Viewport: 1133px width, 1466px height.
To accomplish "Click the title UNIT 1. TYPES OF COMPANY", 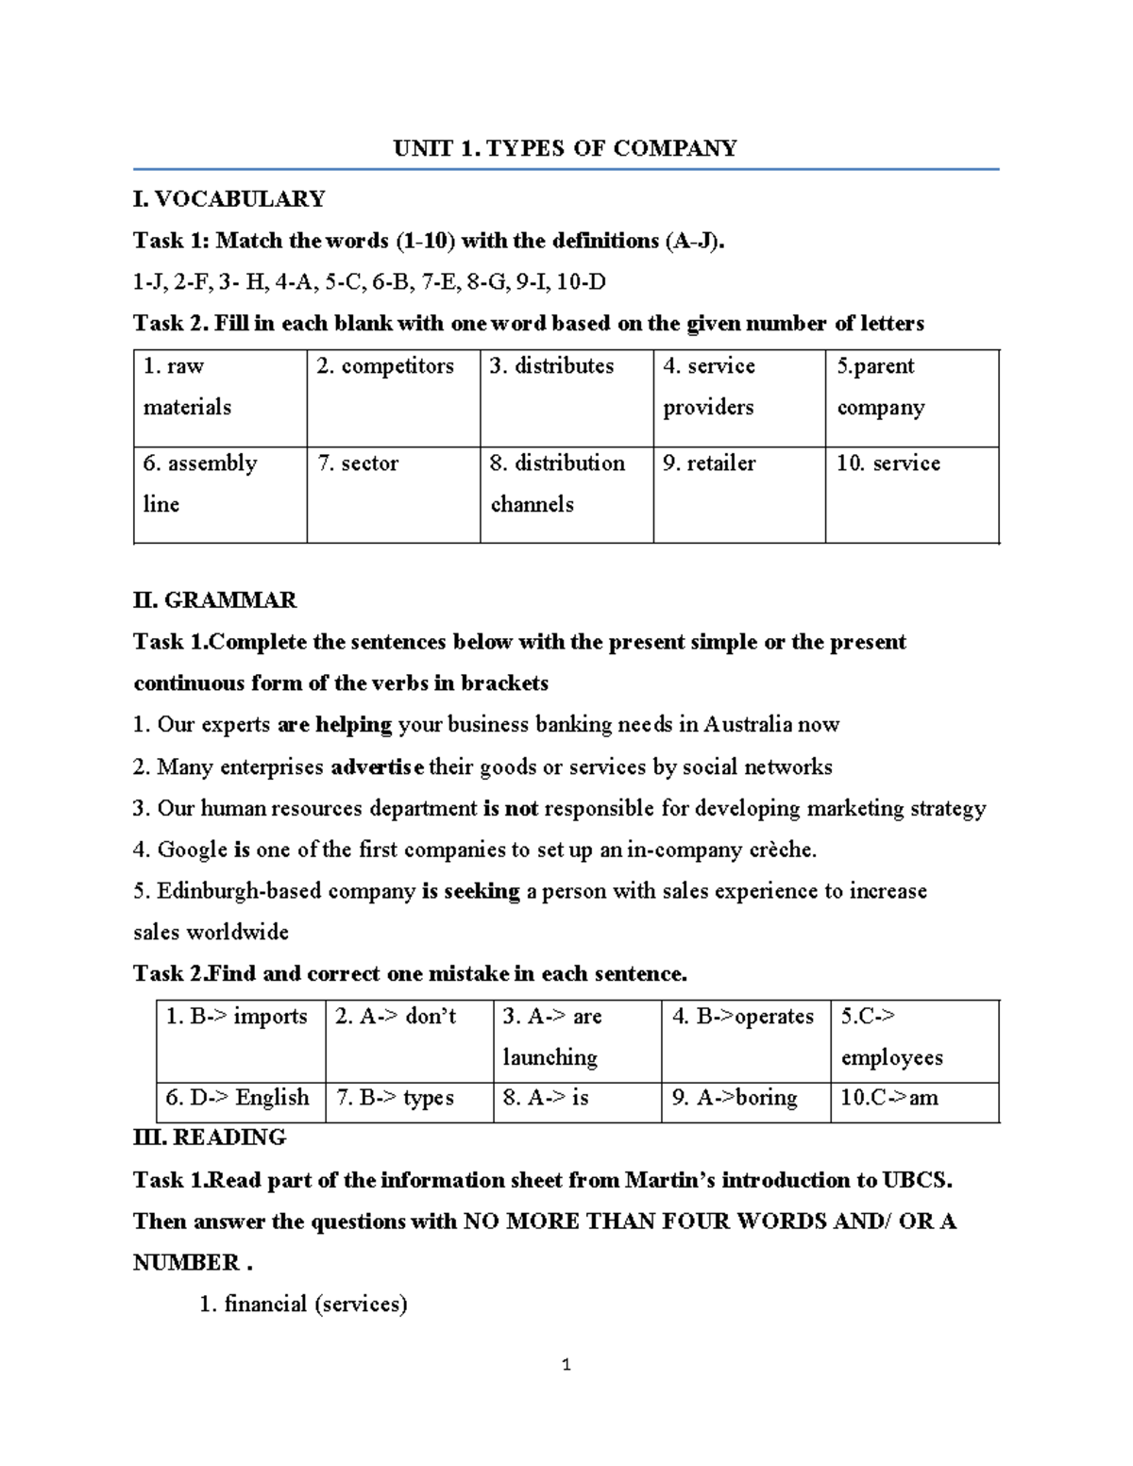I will [x=565, y=148].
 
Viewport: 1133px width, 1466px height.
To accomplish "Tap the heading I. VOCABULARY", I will [x=229, y=199].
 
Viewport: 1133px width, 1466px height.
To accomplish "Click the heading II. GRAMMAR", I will [x=215, y=600].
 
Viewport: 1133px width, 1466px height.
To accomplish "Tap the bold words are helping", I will [x=335, y=725].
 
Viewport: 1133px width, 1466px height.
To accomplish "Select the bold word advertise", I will [x=378, y=767].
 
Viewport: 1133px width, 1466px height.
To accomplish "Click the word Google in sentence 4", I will [x=193, y=850].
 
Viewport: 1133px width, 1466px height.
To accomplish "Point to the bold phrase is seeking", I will [x=471, y=891].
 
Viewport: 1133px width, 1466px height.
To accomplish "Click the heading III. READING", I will [x=210, y=1137].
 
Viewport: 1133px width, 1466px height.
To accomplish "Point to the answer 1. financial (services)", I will [x=304, y=1305].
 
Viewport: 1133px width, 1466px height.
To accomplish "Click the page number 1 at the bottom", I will [x=566, y=1365].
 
